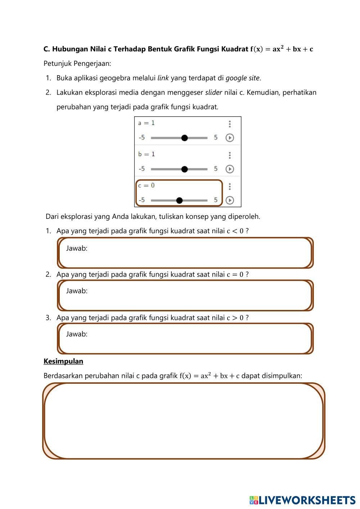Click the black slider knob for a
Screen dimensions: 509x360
point(184,138)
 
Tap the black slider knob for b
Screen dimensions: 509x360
point(184,169)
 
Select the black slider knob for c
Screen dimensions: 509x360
point(179,201)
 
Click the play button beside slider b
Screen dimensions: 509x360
point(230,169)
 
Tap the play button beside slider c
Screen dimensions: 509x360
point(230,201)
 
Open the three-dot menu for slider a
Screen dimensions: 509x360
point(230,124)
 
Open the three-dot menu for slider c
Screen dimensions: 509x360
point(230,186)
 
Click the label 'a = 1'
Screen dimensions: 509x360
point(147,123)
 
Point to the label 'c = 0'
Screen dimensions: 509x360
point(147,186)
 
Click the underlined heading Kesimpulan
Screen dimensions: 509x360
point(63,361)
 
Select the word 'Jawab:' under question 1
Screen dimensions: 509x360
point(77,248)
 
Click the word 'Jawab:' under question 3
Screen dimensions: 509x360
point(77,334)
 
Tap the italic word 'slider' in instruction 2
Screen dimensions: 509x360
point(213,93)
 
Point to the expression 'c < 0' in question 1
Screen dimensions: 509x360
point(235,231)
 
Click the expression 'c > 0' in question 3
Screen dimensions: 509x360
point(235,318)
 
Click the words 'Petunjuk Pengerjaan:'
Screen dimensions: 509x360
point(77,64)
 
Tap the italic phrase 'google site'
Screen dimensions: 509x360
point(242,78)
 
